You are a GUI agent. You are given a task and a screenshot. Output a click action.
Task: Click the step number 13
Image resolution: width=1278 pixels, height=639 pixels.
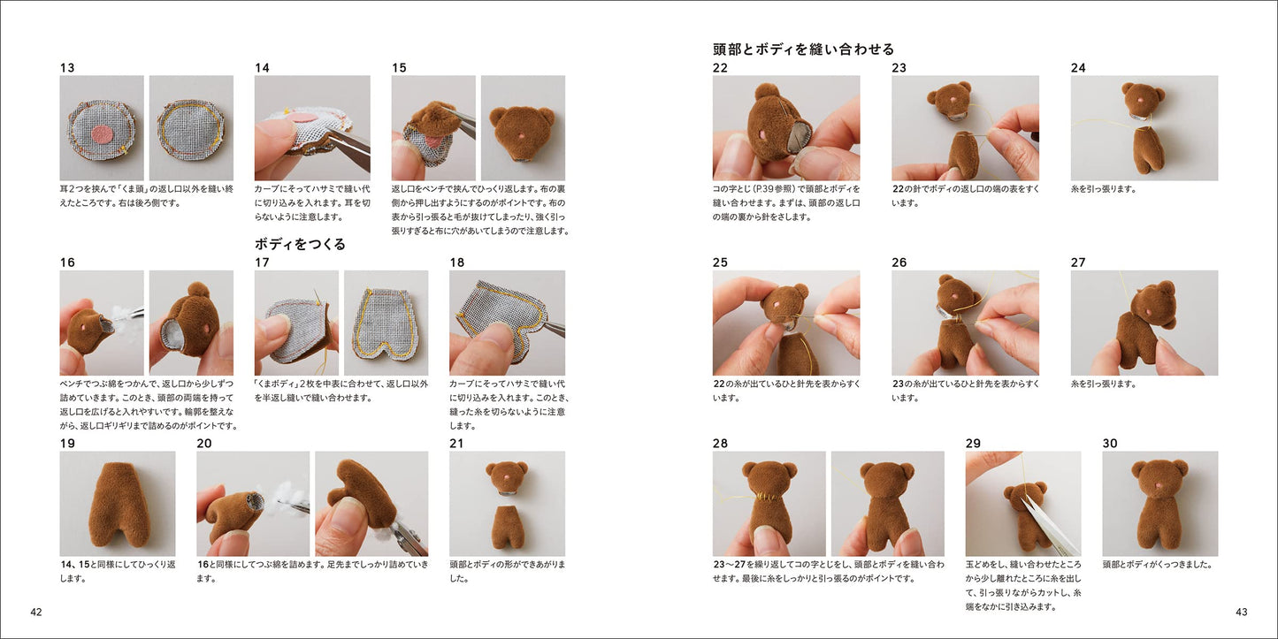(66, 68)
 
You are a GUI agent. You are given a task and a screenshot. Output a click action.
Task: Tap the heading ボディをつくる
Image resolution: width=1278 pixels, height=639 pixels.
(300, 244)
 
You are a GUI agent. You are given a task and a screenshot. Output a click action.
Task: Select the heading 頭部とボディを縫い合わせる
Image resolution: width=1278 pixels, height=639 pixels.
(803, 49)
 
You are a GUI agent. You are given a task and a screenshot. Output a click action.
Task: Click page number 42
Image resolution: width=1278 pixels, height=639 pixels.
(36, 612)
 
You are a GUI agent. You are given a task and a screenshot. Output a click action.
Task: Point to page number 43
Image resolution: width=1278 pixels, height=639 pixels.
(1242, 612)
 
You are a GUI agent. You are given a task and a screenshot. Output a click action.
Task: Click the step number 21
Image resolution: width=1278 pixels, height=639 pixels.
(456, 444)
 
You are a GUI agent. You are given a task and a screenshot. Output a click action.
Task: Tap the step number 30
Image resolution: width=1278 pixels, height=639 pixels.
(1110, 444)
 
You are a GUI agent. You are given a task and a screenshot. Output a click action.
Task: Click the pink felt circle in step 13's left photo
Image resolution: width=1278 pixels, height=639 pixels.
(102, 134)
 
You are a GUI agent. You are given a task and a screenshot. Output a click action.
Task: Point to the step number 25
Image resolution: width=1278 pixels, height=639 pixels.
(720, 262)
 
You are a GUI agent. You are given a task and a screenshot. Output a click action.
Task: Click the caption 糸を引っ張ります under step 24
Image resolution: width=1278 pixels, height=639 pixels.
(1103, 189)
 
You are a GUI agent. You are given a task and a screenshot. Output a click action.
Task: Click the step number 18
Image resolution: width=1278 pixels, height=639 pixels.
(457, 262)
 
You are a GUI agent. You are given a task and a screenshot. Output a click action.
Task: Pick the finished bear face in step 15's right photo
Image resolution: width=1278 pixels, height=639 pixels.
(523, 130)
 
